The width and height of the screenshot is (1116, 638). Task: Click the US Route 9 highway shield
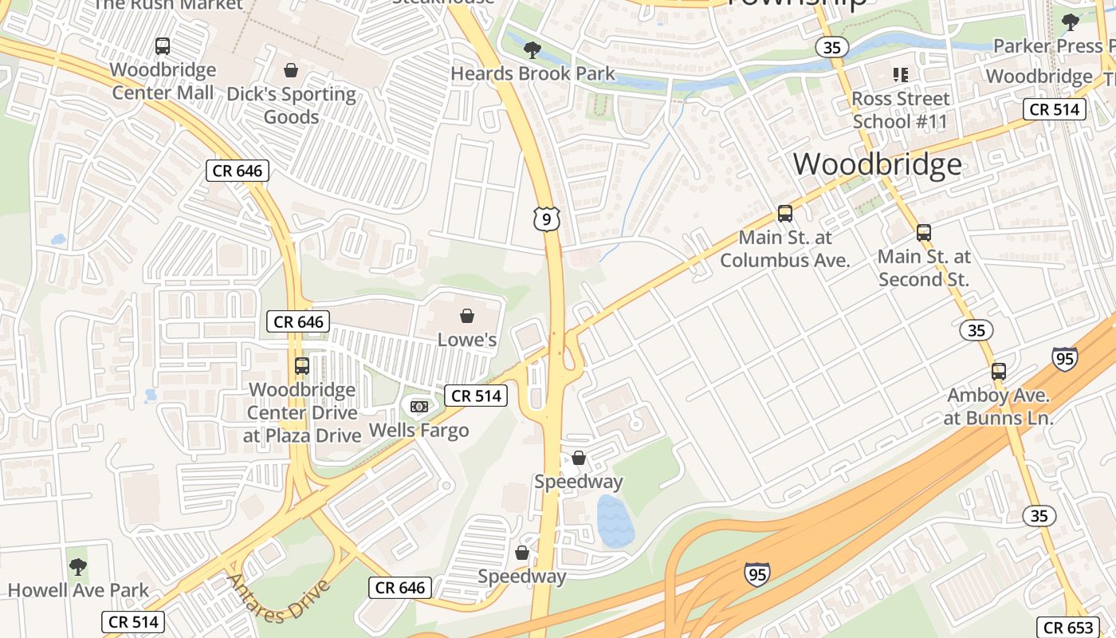click(547, 219)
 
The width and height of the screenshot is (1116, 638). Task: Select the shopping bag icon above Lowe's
click(467, 317)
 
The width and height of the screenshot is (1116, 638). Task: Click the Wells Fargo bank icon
click(418, 407)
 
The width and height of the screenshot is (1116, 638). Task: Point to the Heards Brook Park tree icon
click(532, 50)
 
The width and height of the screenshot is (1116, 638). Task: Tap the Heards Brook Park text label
click(532, 74)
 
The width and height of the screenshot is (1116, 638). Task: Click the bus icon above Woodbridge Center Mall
click(163, 46)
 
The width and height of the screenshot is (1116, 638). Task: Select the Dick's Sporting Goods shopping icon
click(291, 71)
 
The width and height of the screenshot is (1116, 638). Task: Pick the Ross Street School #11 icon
click(901, 75)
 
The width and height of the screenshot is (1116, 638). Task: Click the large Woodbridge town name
click(877, 164)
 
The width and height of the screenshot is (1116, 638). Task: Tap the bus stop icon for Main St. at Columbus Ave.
click(785, 214)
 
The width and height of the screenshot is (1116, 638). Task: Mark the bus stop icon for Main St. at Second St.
click(923, 233)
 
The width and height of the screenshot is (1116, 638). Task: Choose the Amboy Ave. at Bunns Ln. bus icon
click(999, 372)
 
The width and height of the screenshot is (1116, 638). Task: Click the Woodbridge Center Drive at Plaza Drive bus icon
click(302, 366)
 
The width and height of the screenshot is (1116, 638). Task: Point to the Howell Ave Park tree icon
click(77, 567)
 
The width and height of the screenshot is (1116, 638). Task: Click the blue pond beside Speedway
click(615, 520)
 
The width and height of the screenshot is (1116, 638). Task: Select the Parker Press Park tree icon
click(1071, 22)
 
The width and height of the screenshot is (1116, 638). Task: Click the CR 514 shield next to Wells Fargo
click(476, 396)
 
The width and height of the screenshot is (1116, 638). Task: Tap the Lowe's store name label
click(467, 340)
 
